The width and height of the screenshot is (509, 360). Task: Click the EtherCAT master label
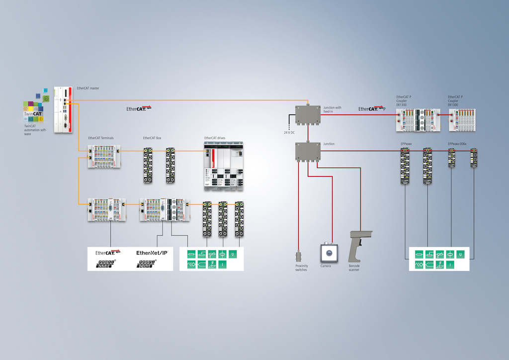(88, 88)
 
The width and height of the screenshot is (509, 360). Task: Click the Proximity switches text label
(302, 268)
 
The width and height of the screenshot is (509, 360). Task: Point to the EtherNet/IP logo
(152, 253)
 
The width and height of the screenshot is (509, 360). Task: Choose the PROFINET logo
(147, 263)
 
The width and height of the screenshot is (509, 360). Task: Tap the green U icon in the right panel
(461, 254)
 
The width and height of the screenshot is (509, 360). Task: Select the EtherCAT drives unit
(224, 166)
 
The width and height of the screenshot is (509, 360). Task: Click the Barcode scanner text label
(354, 268)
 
